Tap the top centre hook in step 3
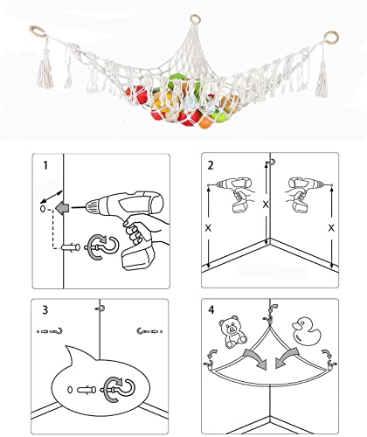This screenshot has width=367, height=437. (99, 309)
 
